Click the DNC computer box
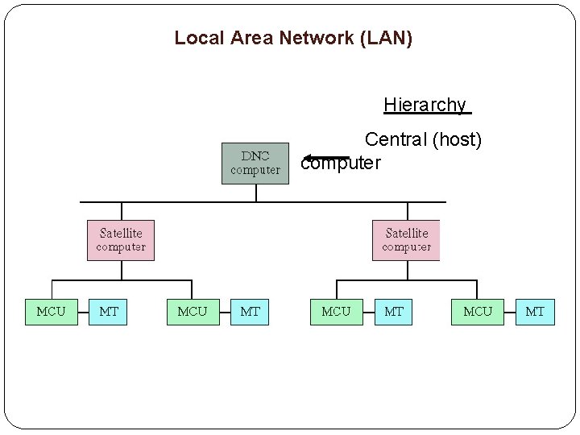pyautogui.click(x=255, y=164)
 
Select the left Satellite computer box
pyautogui.click(x=121, y=240)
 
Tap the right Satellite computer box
pyautogui.click(x=406, y=240)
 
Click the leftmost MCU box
pyautogui.click(x=52, y=311)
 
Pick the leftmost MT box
pyautogui.click(x=108, y=311)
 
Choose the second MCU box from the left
pyautogui.click(x=193, y=311)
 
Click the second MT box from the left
pyautogui.click(x=251, y=311)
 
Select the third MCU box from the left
pyautogui.click(x=336, y=311)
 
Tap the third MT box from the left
pyautogui.click(x=394, y=311)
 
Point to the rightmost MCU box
pyautogui.click(x=478, y=311)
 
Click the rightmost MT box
pyautogui.click(x=535, y=311)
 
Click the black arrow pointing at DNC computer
pyautogui.click(x=326, y=158)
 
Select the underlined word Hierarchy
pyautogui.click(x=425, y=105)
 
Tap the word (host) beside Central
pyautogui.click(x=458, y=140)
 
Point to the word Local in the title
pyautogui.click(x=194, y=38)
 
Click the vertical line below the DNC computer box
pyautogui.click(x=256, y=193)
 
